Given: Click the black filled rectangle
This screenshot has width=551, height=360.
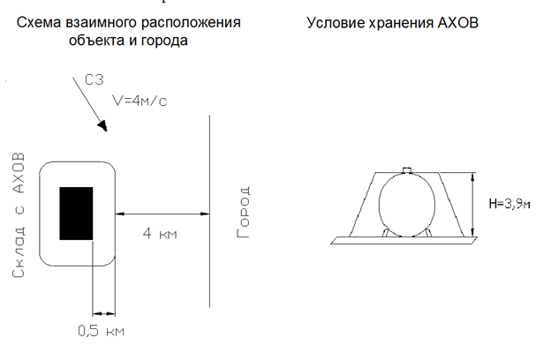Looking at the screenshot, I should pos(76,214).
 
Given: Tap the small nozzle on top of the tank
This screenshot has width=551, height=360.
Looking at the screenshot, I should pos(406,169).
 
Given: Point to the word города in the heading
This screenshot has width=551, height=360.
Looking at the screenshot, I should pos(164,40).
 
